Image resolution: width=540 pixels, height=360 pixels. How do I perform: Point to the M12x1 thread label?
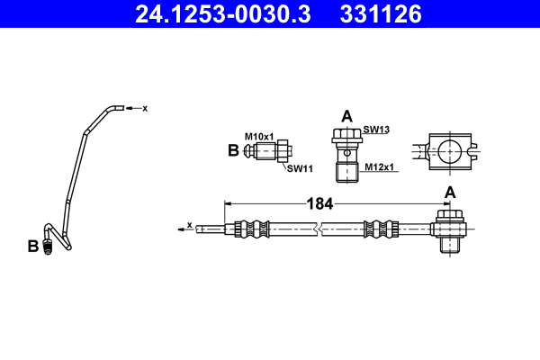coord(378,166)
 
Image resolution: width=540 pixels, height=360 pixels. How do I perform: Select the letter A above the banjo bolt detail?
coord(346,115)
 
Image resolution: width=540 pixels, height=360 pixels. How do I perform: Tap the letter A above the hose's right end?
coord(449,192)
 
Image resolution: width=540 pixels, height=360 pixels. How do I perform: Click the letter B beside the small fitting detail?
coord(233,151)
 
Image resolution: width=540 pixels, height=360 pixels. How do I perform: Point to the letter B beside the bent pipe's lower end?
coord(33,246)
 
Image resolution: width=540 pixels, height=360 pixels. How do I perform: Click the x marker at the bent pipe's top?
coord(144,108)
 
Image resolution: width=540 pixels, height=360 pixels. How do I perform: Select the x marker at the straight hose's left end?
coord(189,225)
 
